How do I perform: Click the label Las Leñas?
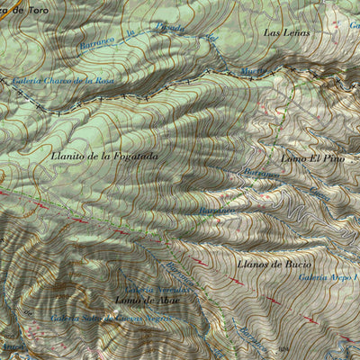point(286,32)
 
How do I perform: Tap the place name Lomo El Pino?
point(313,158)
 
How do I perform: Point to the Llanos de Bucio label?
point(274,265)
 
